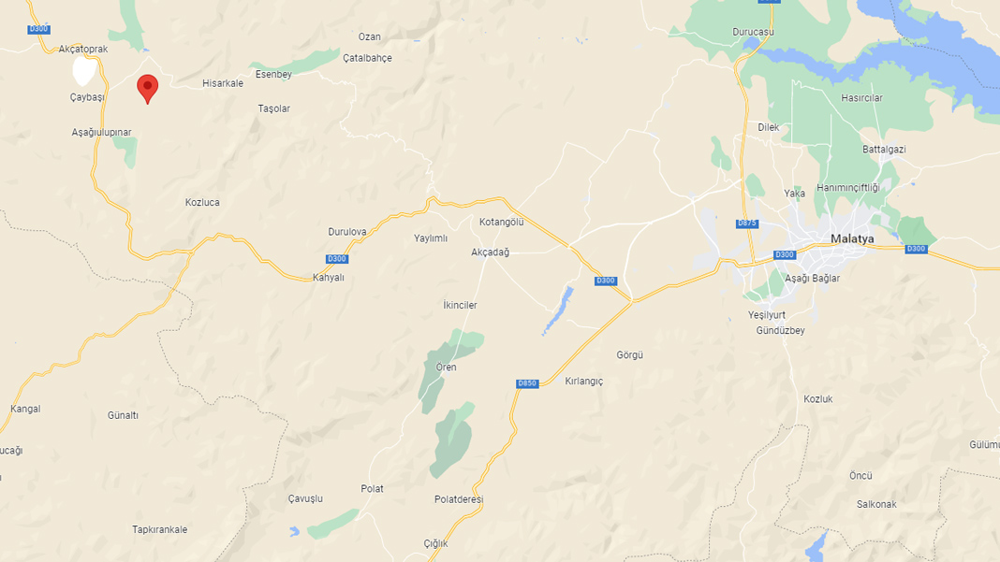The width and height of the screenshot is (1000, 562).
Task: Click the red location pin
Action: (x=147, y=88)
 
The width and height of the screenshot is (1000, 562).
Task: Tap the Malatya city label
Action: (x=852, y=238)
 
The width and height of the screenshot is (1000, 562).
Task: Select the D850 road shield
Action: (x=527, y=383)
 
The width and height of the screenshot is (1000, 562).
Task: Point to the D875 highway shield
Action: (x=746, y=223)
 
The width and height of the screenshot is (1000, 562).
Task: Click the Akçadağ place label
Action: (x=490, y=252)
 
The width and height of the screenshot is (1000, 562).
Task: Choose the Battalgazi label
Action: (x=884, y=150)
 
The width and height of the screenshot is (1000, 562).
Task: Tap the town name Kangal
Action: (x=25, y=409)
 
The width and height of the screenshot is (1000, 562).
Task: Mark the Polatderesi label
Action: (x=459, y=499)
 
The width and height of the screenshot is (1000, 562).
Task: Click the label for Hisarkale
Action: (x=223, y=83)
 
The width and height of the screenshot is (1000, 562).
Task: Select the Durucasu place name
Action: (x=753, y=32)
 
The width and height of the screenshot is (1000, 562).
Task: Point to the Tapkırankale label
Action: (x=159, y=529)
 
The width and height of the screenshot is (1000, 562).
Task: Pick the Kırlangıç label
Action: (x=584, y=382)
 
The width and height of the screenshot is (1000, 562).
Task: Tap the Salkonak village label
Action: (x=876, y=504)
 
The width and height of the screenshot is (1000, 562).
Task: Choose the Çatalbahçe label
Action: (x=367, y=58)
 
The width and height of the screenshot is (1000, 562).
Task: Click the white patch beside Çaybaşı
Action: (x=85, y=71)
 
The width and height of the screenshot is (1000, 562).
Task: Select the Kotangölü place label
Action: (x=501, y=222)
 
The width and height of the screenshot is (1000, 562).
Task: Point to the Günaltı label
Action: (x=123, y=415)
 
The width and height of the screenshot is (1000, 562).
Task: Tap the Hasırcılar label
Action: (x=861, y=98)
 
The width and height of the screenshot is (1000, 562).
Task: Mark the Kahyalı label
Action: (x=329, y=277)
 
